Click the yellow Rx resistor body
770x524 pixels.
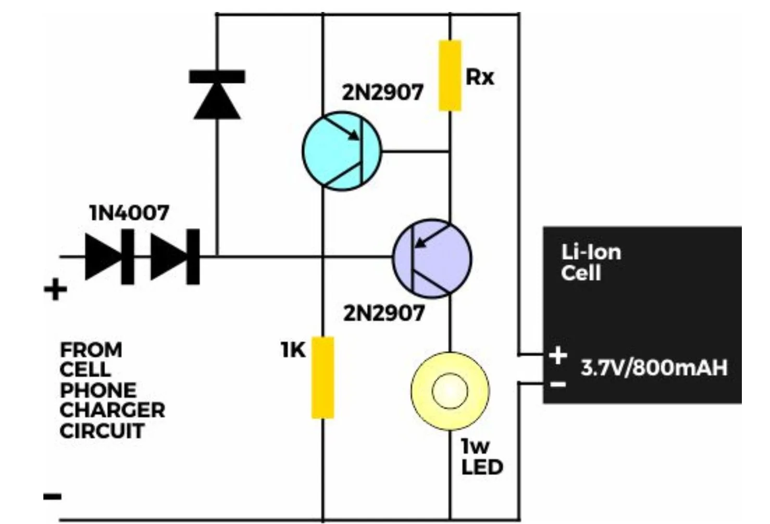pyautogui.click(x=450, y=76)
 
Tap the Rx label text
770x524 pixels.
pyautogui.click(x=479, y=78)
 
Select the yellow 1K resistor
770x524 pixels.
pyautogui.click(x=322, y=377)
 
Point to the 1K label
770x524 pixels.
pyautogui.click(x=293, y=350)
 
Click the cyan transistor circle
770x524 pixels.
pyautogui.click(x=342, y=151)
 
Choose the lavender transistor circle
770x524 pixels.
pyautogui.click(x=432, y=258)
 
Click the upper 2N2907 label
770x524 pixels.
pyautogui.click(x=382, y=93)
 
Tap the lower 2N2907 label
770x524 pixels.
pyautogui.click(x=383, y=314)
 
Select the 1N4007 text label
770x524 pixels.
pyautogui.click(x=129, y=213)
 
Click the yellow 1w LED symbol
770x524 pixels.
pyautogui.click(x=450, y=391)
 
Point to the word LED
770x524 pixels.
pyautogui.click(x=482, y=467)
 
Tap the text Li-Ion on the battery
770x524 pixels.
pyautogui.click(x=591, y=253)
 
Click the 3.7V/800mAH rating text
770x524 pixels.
pyautogui.click(x=654, y=368)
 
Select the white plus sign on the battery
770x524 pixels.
pyautogui.click(x=557, y=356)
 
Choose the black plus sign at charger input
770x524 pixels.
pyautogui.click(x=56, y=290)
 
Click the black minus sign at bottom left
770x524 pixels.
pyautogui.click(x=53, y=496)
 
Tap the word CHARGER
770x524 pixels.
pyautogui.click(x=112, y=410)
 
